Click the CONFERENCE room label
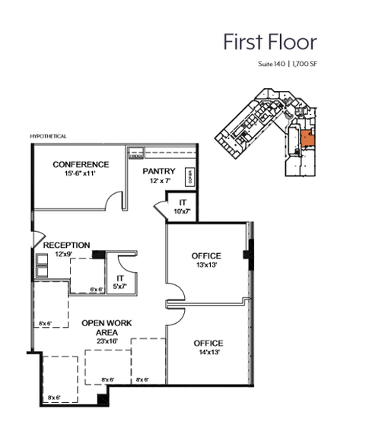click(81, 165)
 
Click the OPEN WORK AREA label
click(106, 328)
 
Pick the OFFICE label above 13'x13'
click(206, 256)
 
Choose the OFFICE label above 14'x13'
click(207, 343)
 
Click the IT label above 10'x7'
click(183, 201)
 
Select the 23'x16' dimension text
click(107, 341)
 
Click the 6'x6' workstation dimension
click(97, 290)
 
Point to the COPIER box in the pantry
click(189, 177)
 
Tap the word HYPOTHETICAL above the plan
click(49, 136)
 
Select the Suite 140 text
click(272, 66)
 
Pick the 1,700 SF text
click(304, 66)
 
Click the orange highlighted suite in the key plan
click(305, 138)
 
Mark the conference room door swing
click(115, 200)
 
